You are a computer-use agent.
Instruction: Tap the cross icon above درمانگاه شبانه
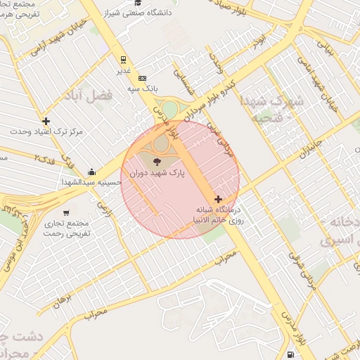click(x=218, y=200)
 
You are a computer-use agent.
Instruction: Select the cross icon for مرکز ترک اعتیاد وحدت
click(x=46, y=121)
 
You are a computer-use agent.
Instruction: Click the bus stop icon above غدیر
click(x=124, y=60)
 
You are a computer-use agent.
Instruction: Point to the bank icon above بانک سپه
click(x=143, y=78)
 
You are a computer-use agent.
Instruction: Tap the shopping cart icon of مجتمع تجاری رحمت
click(x=66, y=212)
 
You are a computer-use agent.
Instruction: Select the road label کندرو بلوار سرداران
click(x=213, y=99)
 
